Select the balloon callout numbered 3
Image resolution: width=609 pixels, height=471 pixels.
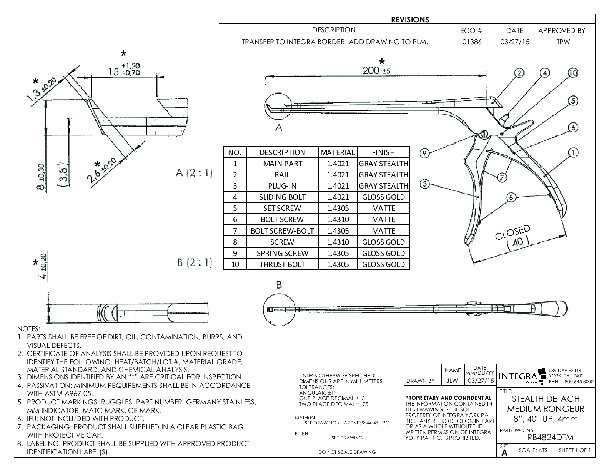[x=424, y=184]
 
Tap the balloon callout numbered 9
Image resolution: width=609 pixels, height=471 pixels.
[x=424, y=153]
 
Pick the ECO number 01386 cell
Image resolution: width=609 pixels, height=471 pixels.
[x=473, y=42]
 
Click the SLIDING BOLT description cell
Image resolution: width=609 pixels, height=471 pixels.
[x=282, y=197]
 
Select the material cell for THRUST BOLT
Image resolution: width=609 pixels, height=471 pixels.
[x=338, y=264]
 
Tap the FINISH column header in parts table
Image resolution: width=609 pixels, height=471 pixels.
[x=383, y=152]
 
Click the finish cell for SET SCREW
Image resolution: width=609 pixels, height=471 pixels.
[x=383, y=208]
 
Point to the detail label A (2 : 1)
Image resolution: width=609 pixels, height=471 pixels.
[x=194, y=173]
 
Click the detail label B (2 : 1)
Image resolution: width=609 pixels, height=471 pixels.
[x=195, y=263]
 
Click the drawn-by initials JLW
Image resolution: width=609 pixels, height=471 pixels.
[x=453, y=381]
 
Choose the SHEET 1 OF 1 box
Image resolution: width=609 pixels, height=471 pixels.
[x=574, y=450]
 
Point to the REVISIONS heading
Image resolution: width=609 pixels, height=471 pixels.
[x=410, y=20]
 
